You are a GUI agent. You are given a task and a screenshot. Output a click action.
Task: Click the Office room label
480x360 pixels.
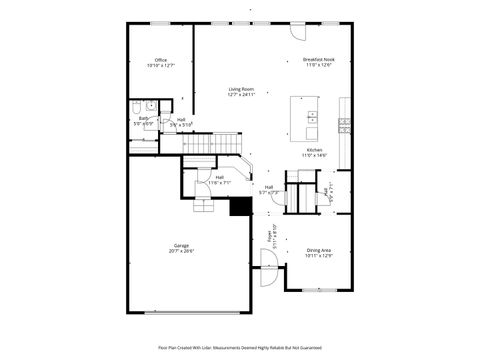pyautogui.click(x=160, y=60)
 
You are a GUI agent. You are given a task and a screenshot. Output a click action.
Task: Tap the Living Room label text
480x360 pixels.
pyautogui.click(x=241, y=89)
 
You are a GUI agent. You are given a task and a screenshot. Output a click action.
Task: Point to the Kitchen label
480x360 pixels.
pyautogui.click(x=314, y=149)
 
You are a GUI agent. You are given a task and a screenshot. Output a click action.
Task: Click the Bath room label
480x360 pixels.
pyautogui.click(x=143, y=119)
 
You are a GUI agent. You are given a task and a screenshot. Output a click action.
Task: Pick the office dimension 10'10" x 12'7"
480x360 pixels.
pyautogui.click(x=160, y=66)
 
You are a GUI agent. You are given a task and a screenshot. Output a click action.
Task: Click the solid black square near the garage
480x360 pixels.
pyautogui.click(x=239, y=207)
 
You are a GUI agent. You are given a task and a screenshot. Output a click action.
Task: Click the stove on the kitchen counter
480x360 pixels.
pyautogui.click(x=344, y=124)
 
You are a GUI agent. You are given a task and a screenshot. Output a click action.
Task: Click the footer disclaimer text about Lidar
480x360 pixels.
pyautogui.click(x=240, y=347)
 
